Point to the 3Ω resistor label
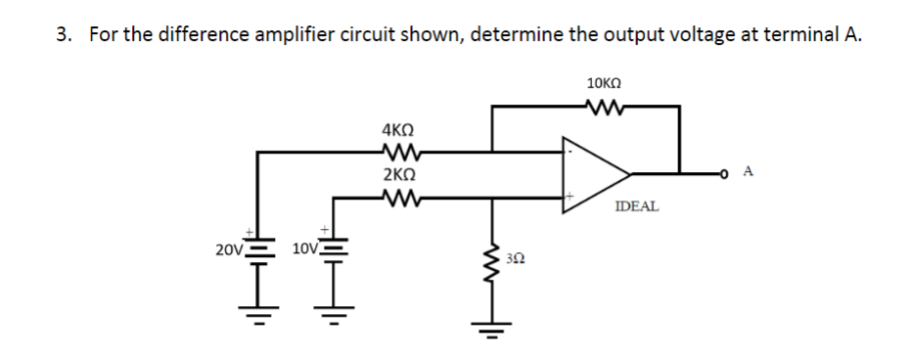pyautogui.click(x=519, y=259)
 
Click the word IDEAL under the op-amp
pyautogui.click(x=637, y=207)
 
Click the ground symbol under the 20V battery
pyautogui.click(x=259, y=315)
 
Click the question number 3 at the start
pyautogui.click(x=63, y=35)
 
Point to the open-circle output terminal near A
pyautogui.click(x=726, y=175)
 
